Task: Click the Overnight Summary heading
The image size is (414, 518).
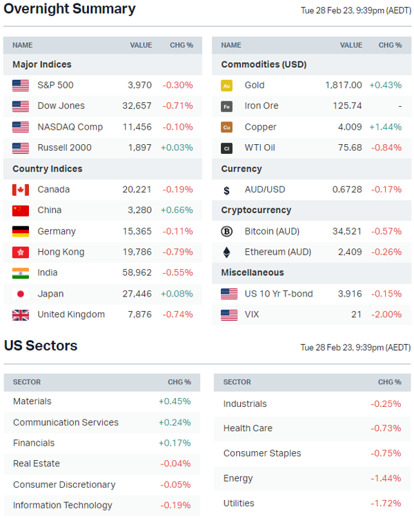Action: pyautogui.click(x=70, y=10)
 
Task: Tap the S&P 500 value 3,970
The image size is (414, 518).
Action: pyautogui.click(x=139, y=85)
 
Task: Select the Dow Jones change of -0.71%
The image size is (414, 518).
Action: pyautogui.click(x=177, y=106)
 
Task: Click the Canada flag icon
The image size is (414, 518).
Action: pyautogui.click(x=21, y=190)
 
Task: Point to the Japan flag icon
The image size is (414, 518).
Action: pyautogui.click(x=21, y=294)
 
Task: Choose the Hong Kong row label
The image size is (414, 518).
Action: pyautogui.click(x=61, y=252)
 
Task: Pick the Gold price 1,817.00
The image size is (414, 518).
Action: pyautogui.click(x=343, y=85)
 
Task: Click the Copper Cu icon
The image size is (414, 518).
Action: pyautogui.click(x=226, y=127)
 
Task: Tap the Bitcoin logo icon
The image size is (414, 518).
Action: pyautogui.click(x=226, y=231)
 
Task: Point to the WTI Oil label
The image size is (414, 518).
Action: pyautogui.click(x=259, y=148)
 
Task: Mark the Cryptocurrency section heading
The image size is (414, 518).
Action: pyautogui.click(x=256, y=210)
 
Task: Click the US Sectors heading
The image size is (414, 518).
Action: pyautogui.click(x=41, y=346)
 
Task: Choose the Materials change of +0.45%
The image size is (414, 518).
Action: pyautogui.click(x=175, y=401)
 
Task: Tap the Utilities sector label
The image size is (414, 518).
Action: pyautogui.click(x=239, y=504)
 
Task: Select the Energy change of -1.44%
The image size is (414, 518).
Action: pyautogui.click(x=386, y=478)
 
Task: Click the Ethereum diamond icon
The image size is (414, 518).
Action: pyautogui.click(x=226, y=252)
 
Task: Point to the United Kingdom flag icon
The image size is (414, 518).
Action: pyautogui.click(x=21, y=315)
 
